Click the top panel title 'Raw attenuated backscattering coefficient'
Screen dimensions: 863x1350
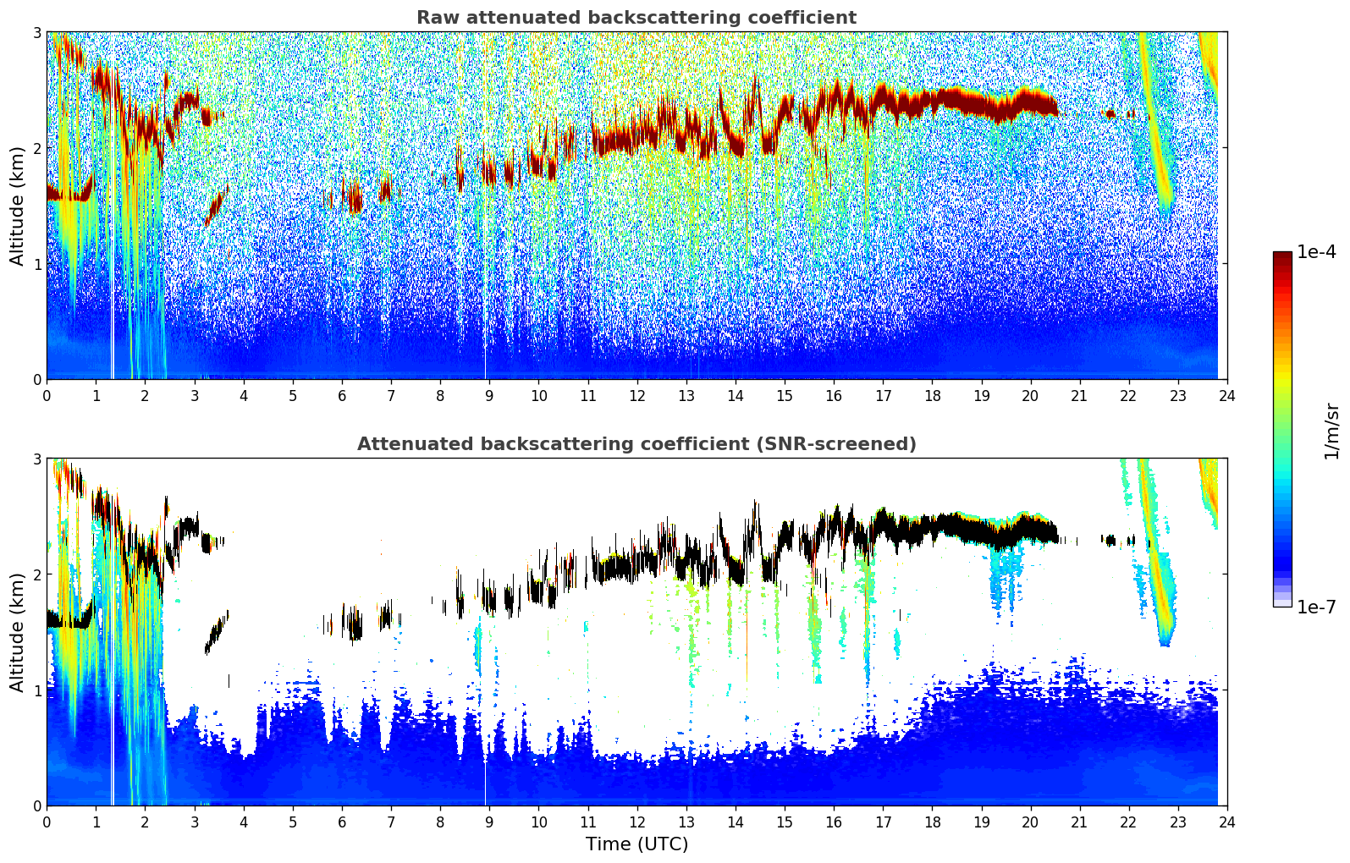636,18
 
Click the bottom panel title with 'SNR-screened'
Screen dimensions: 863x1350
636,444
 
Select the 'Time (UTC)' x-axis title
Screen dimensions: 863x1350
636,844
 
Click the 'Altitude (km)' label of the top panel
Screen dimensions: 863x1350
18,206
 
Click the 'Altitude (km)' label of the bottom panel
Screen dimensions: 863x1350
18,632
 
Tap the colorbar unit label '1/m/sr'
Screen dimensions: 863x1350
1331,431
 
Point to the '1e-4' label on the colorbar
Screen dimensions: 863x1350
1316,252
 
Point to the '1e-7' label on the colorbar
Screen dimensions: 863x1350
1316,607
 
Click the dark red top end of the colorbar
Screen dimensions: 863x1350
1281,256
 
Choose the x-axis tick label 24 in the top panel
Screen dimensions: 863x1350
1226,395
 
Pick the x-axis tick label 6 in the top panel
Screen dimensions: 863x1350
342,395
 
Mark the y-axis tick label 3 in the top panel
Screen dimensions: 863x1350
36,32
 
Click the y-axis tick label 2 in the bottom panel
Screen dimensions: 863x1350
36,574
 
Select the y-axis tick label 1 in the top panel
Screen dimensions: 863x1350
36,264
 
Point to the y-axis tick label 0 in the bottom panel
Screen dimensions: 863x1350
36,805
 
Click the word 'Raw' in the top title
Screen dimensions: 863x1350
435,18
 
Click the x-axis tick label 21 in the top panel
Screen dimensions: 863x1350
1079,395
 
